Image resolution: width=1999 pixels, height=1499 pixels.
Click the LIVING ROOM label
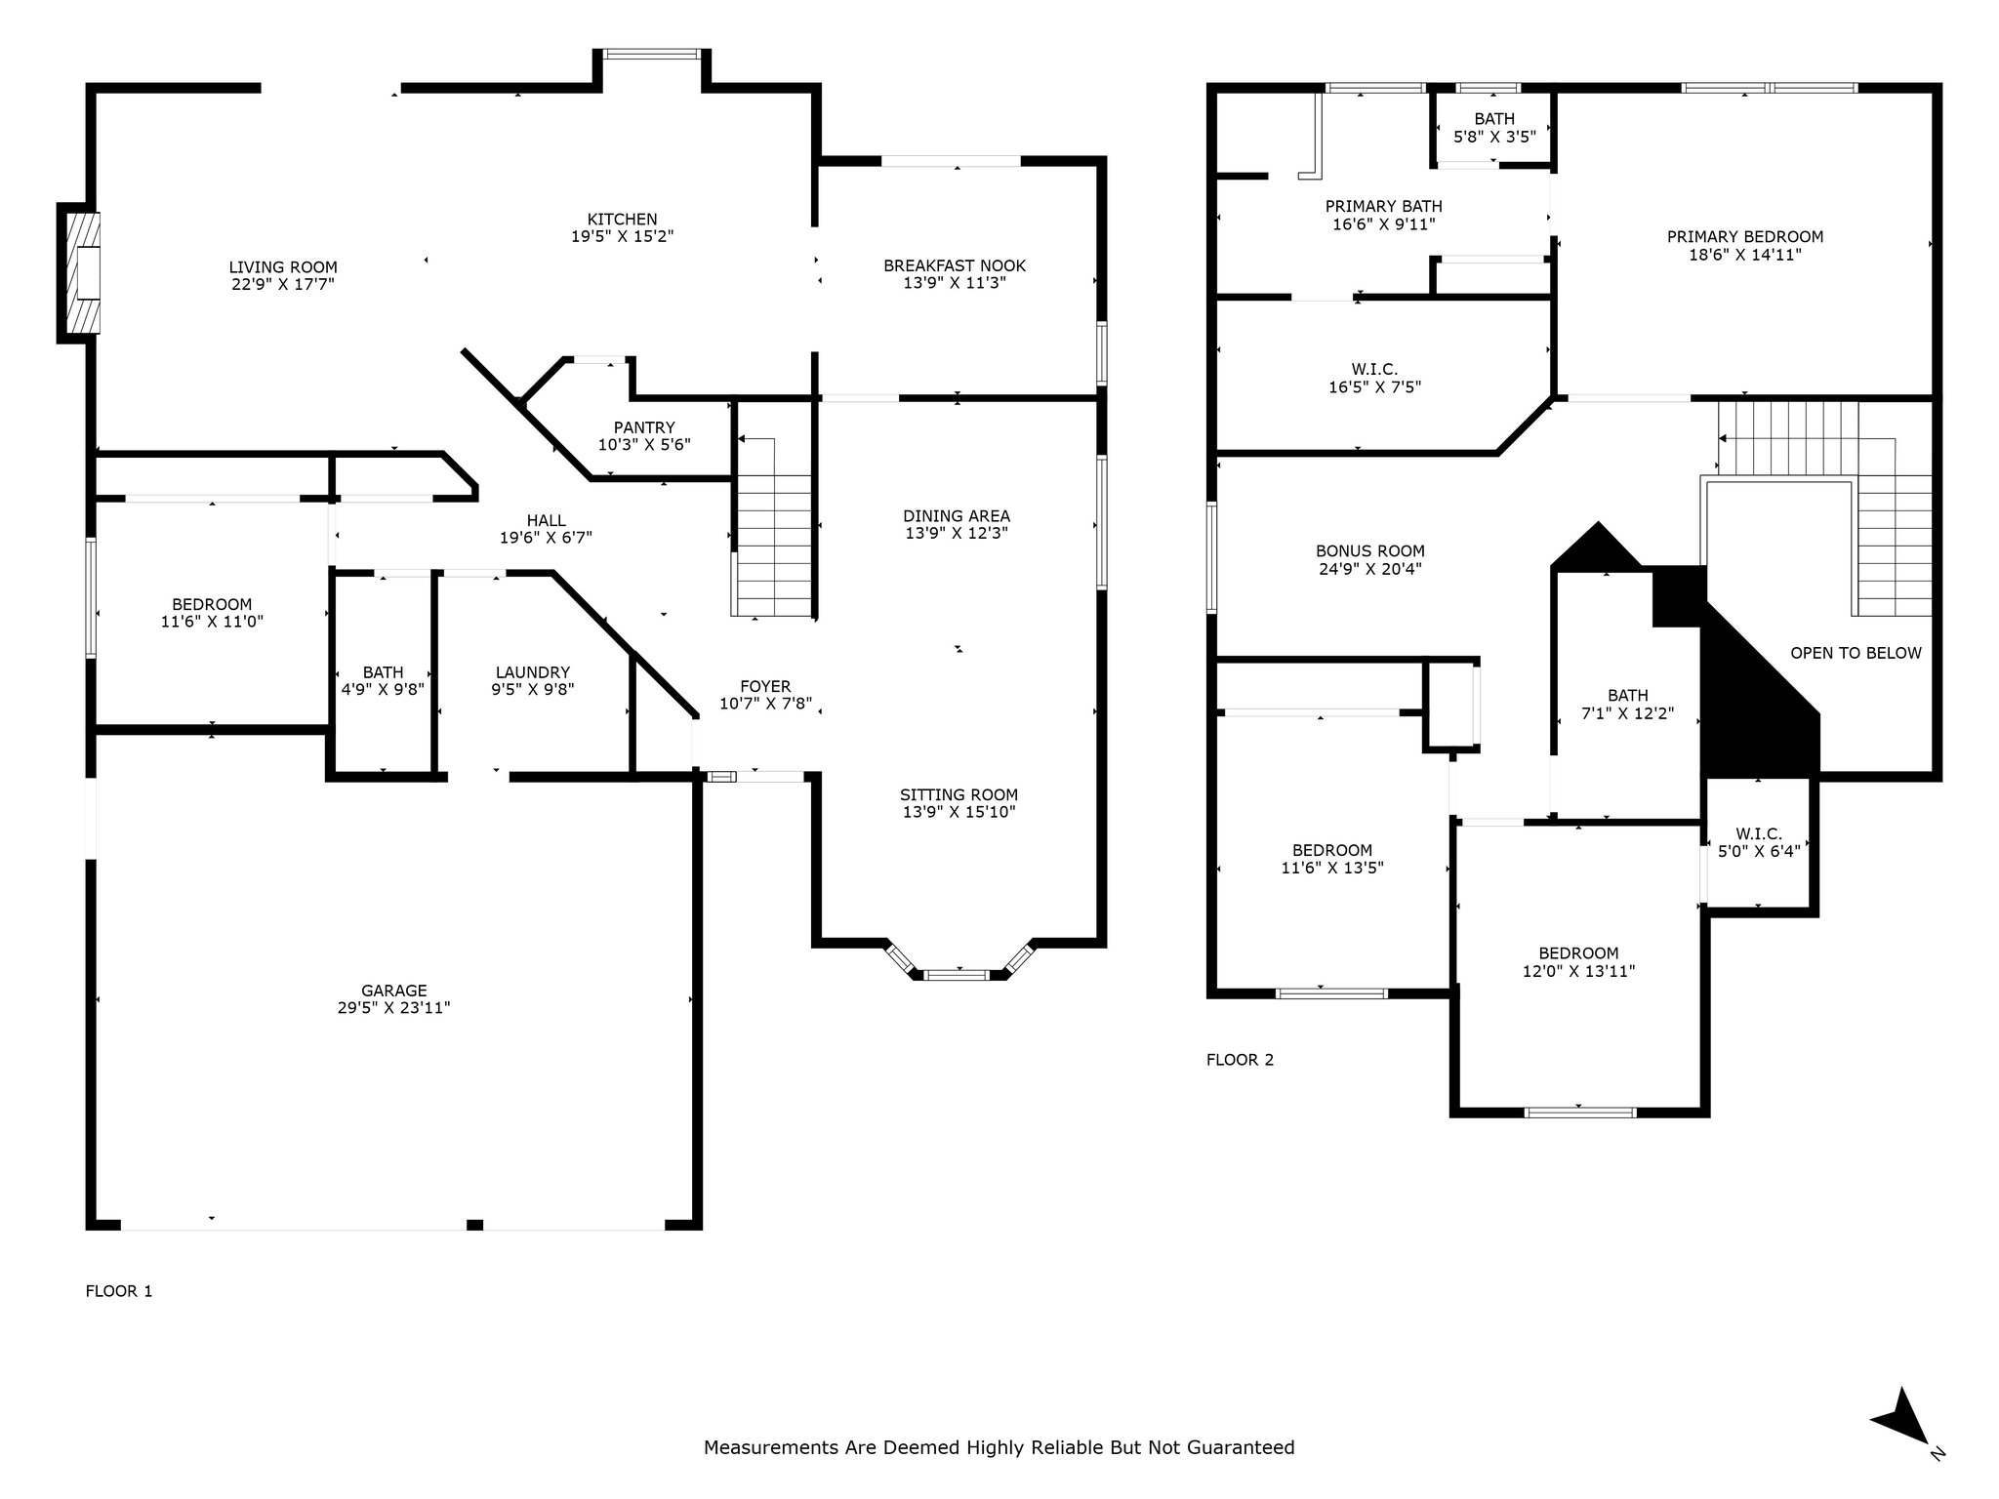tap(283, 267)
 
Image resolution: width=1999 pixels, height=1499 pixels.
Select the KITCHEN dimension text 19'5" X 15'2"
tap(623, 236)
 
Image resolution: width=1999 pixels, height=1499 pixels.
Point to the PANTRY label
tap(644, 427)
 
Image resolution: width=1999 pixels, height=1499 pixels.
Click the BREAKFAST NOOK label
tap(955, 265)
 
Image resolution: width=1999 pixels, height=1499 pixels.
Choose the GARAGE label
tap(394, 991)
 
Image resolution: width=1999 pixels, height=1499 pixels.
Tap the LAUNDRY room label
tap(533, 672)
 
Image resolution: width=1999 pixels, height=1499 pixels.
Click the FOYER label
tap(765, 686)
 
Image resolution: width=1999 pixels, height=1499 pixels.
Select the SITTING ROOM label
tap(959, 794)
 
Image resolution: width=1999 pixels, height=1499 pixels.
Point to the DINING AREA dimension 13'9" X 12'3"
tap(957, 534)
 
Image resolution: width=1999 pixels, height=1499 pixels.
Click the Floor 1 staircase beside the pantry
tap(774, 527)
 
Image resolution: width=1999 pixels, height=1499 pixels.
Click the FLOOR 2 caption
tap(1241, 1060)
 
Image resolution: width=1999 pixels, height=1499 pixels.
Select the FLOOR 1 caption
tap(119, 1291)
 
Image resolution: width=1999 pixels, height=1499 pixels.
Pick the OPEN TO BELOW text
tap(1856, 653)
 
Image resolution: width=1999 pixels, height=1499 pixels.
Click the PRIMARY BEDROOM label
tap(1745, 236)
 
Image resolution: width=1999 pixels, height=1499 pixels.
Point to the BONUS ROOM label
tap(1370, 550)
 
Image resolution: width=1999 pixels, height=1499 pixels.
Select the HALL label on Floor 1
tap(547, 520)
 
